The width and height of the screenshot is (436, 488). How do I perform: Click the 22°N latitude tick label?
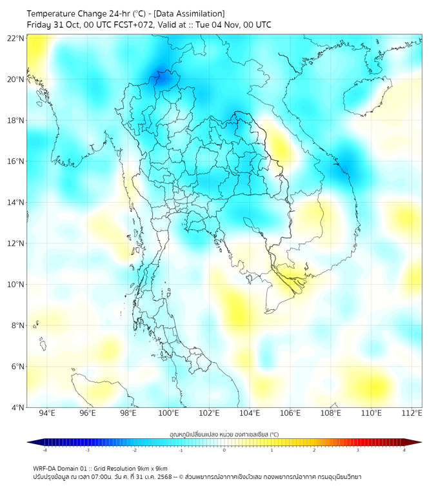[16, 38]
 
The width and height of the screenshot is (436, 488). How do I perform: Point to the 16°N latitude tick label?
[16, 161]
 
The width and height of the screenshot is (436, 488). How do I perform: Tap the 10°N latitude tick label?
[16, 285]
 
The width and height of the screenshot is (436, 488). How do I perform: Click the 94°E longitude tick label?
[47, 413]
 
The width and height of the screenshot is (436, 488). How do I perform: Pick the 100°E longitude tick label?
[168, 413]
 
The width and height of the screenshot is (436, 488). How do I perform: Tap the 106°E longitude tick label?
[290, 413]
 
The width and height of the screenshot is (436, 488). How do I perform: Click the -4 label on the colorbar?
[45, 450]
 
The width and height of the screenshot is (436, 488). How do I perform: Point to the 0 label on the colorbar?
[224, 450]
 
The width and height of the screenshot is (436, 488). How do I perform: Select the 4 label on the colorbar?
[404, 450]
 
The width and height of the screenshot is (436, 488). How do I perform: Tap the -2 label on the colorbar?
[134, 450]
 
